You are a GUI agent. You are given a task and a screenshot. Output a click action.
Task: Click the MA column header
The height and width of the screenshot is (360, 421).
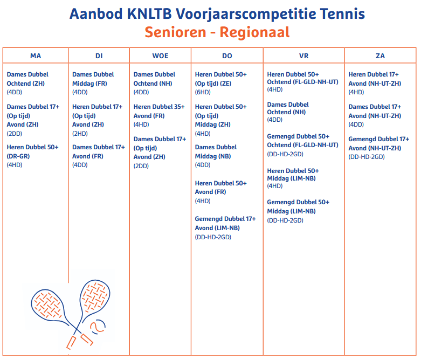point(36,56)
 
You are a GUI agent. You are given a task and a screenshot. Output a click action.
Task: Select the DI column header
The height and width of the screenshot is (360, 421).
point(99,56)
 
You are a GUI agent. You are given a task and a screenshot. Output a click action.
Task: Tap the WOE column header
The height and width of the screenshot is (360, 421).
point(160,56)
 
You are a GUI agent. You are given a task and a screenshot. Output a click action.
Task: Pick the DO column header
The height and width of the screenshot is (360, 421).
point(227,56)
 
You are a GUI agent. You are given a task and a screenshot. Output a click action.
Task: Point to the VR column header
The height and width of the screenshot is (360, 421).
point(304,56)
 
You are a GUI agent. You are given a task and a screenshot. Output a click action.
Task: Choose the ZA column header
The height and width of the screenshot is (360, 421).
point(380,56)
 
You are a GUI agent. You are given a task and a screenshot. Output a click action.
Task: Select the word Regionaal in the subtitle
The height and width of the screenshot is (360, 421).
point(254,32)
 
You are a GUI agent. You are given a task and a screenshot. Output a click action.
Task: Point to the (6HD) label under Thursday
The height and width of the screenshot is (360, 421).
point(203,93)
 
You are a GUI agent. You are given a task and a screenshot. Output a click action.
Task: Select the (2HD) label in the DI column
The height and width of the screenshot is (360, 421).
point(80,133)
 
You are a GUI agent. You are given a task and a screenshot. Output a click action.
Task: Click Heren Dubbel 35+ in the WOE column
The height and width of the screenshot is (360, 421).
point(159,107)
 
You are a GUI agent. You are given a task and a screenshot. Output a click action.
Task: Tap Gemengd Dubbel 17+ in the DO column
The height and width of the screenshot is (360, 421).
point(225,219)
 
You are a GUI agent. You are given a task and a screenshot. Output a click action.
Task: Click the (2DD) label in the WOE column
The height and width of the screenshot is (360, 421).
point(141,165)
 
